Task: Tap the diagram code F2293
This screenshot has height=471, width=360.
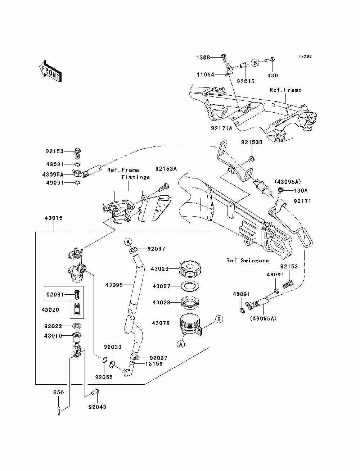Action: [305, 56]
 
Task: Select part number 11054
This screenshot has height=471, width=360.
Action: [206, 74]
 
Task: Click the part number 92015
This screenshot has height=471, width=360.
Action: [246, 81]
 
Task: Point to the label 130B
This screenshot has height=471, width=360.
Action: [203, 58]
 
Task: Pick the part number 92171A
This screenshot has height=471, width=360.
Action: [222, 128]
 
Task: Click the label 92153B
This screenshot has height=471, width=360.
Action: [252, 142]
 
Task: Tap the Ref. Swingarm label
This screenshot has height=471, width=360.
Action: [248, 261]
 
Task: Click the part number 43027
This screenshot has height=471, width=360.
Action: [161, 286]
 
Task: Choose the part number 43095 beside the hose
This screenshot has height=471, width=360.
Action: [114, 285]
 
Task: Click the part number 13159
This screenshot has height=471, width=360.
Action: [154, 364]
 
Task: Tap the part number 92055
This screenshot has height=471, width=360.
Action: [104, 377]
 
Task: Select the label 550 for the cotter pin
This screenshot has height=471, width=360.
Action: [59, 393]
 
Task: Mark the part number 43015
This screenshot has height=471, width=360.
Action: [54, 218]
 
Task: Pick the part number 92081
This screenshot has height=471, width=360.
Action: [55, 294]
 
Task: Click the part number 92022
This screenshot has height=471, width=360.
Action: [53, 326]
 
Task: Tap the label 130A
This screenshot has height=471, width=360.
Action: [301, 190]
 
